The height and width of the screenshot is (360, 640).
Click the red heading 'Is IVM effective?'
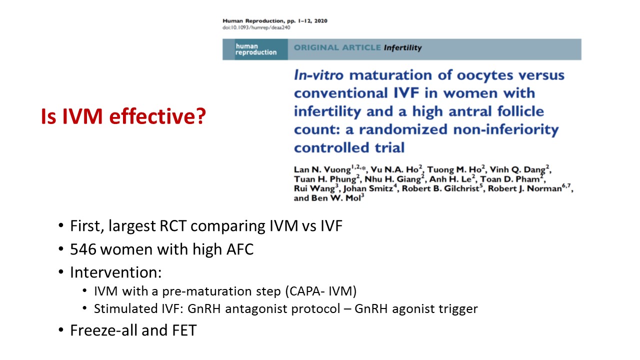coord(123,116)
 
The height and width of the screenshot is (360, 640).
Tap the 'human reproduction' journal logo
coord(255,49)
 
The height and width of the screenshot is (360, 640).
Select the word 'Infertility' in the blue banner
coord(402,47)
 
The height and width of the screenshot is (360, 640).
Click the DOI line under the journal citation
coord(256,27)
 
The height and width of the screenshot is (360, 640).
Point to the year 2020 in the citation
coord(321,21)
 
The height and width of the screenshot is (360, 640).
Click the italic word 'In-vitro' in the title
coord(318,75)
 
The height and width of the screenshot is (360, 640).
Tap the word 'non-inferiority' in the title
coord(506,130)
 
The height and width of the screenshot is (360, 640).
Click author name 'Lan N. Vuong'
coord(322,169)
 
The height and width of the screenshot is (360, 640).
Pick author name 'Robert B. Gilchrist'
coord(440,188)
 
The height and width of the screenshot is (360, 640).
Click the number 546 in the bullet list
coord(83,249)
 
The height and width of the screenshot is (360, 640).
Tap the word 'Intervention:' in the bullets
coord(115,272)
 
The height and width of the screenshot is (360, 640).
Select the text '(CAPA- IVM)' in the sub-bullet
coord(321,291)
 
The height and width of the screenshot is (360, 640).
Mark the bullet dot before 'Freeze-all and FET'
coord(61,330)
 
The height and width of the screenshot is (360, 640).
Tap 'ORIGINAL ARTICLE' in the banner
coord(337,47)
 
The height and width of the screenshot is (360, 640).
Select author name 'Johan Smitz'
coord(368,188)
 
